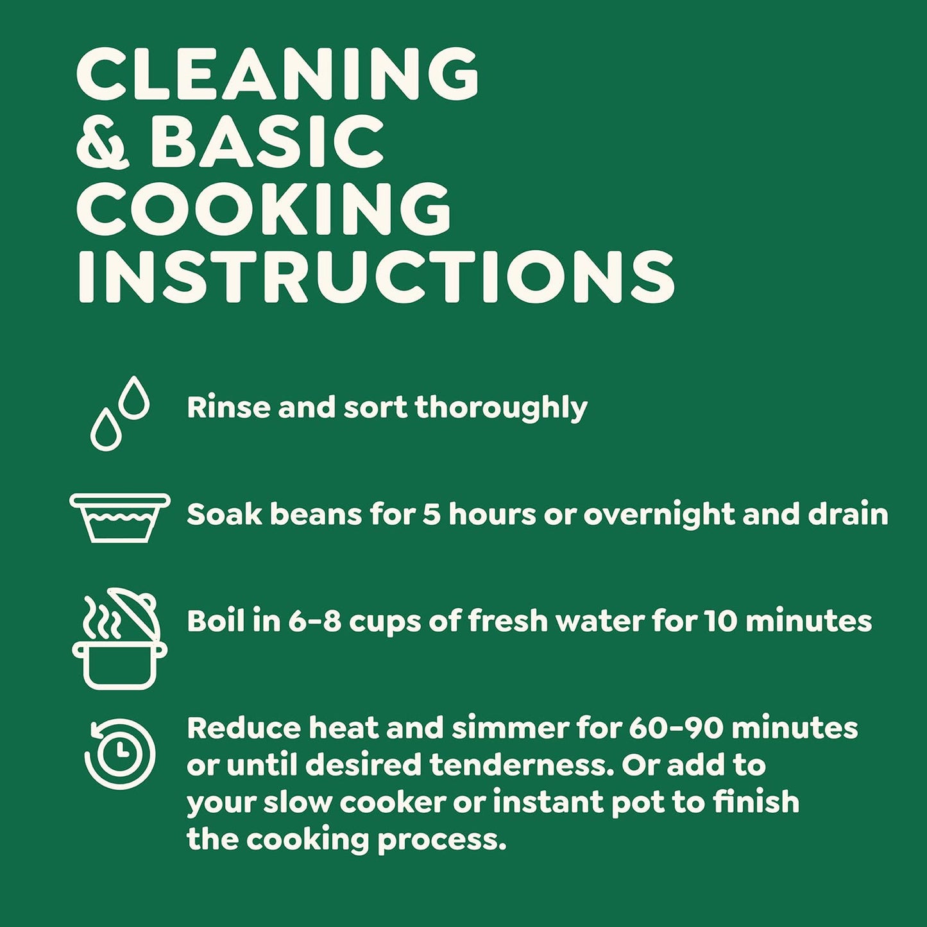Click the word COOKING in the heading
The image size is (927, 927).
[264, 209]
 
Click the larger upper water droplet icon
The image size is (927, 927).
[134, 398]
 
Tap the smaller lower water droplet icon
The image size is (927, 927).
[106, 430]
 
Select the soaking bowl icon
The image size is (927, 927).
[120, 518]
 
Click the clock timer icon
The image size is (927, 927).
[120, 754]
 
